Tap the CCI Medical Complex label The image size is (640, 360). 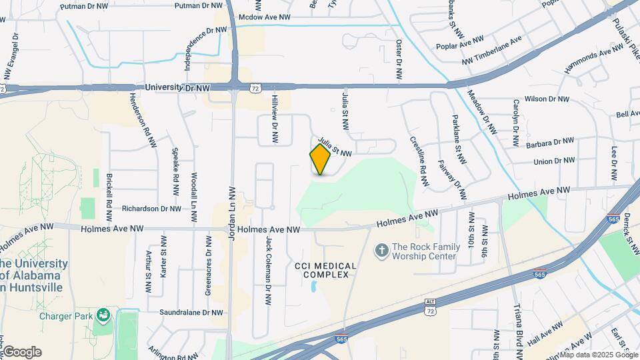[x=325, y=270]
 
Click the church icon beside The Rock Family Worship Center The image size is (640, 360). [x=381, y=251]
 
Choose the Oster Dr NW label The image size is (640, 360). [x=399, y=61]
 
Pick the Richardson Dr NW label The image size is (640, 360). [x=151, y=209]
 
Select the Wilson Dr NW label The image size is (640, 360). [x=547, y=99]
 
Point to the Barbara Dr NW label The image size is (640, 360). [x=550, y=141]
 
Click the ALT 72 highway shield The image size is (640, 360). [x=431, y=307]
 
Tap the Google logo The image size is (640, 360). [x=22, y=352]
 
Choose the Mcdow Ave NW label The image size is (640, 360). [x=264, y=17]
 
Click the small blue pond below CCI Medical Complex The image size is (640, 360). [x=313, y=288]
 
